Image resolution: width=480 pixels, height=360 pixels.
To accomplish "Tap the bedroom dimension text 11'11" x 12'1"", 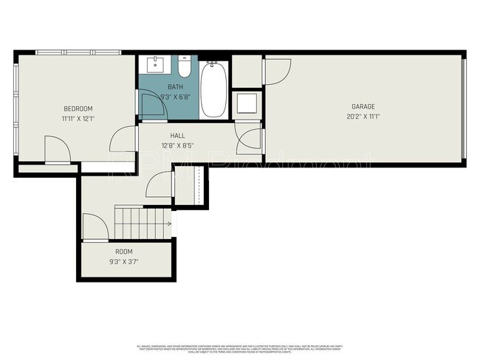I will click(x=78, y=117).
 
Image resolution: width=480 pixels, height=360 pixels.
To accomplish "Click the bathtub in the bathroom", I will click(x=213, y=89).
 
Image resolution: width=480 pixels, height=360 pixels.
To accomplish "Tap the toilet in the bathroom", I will click(x=185, y=69).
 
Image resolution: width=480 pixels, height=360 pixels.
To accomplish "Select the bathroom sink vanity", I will click(x=156, y=65).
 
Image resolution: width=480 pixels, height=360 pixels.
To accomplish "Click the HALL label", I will click(x=177, y=136).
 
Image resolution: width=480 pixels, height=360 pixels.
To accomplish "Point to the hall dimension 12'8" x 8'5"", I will click(x=177, y=145).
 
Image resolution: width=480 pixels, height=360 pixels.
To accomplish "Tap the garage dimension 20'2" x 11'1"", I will click(x=363, y=117).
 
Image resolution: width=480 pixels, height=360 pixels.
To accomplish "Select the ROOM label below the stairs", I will click(x=123, y=252).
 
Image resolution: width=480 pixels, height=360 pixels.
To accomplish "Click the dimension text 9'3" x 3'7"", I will click(x=123, y=261).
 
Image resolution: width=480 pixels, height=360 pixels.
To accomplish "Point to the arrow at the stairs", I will click(x=169, y=223).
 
